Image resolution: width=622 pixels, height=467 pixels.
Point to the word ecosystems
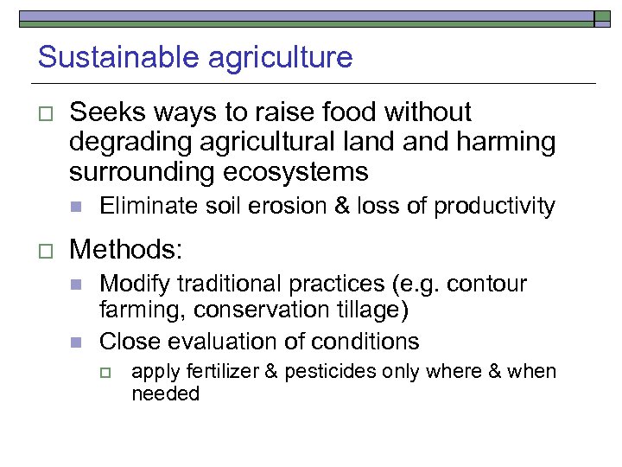pyautogui.click(x=297, y=171)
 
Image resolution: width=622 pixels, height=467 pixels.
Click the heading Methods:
pyautogui.click(x=126, y=250)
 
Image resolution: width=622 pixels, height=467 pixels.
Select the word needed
pyautogui.click(x=165, y=393)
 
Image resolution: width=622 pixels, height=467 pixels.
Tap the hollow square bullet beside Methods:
pyautogui.click(x=46, y=252)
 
